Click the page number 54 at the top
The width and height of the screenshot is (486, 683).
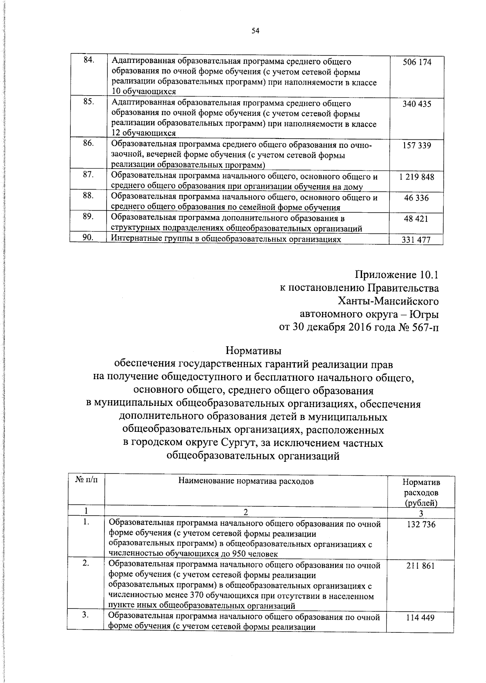255,30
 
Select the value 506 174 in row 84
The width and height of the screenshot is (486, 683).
417,62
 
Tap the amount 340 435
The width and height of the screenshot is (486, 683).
417,104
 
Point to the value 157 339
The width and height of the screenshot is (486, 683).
417,145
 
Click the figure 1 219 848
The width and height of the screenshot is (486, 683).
416,177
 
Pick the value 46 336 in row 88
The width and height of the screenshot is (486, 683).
416,198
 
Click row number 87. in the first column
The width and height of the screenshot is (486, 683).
88,174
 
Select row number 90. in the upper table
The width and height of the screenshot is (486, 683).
88,238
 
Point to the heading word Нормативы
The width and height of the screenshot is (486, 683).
253,350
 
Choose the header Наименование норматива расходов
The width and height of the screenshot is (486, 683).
246,481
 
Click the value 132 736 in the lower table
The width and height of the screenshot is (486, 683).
421,525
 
